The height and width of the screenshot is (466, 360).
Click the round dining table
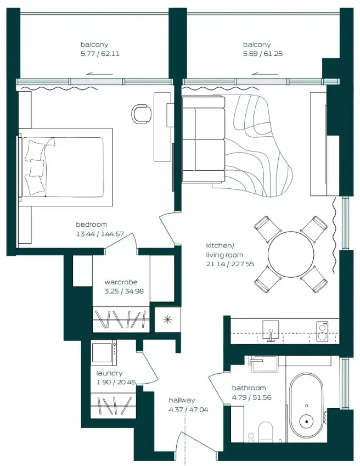291,254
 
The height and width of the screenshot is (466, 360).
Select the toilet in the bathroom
265,431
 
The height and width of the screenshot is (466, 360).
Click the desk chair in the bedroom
141,113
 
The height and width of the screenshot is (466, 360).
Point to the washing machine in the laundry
104,353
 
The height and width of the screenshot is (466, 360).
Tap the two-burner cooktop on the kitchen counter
322,332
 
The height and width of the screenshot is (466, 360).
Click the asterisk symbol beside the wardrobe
167,320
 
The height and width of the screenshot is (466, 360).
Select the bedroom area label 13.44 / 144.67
100,234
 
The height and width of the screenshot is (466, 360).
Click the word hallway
182,400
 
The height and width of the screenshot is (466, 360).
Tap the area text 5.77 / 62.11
100,54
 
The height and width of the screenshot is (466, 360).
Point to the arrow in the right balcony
265,74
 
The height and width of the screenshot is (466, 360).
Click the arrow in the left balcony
100,74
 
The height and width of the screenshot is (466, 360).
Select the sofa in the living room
204,139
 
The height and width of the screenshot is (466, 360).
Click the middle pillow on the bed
37,168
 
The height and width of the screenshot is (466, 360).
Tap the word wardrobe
121,282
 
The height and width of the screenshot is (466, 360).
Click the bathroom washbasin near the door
265,364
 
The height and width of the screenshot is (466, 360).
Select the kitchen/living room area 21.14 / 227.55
230,264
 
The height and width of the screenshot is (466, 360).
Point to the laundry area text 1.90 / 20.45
116,382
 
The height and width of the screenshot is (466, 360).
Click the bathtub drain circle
306,421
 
